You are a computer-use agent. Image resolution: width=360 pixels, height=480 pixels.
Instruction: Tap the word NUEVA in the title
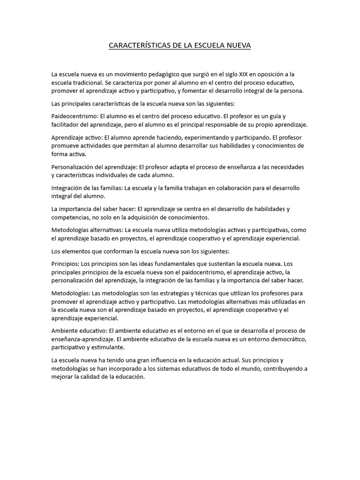238,45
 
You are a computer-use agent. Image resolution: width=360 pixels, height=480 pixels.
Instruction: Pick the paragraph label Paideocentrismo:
75,116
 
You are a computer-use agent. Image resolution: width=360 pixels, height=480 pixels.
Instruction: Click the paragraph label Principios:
66,263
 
